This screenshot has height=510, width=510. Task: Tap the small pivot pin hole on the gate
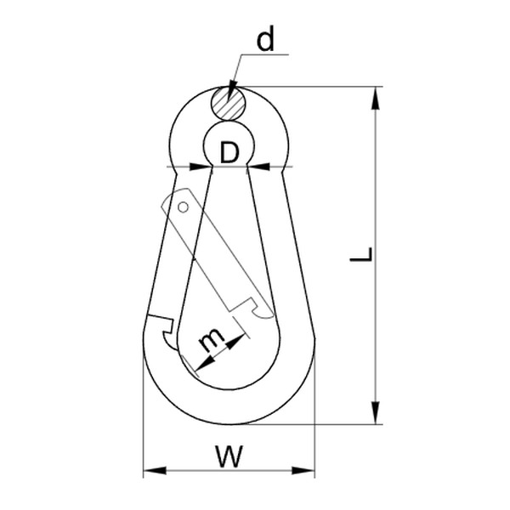[183, 207]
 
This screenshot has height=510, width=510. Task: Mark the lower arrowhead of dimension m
[199, 367]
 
